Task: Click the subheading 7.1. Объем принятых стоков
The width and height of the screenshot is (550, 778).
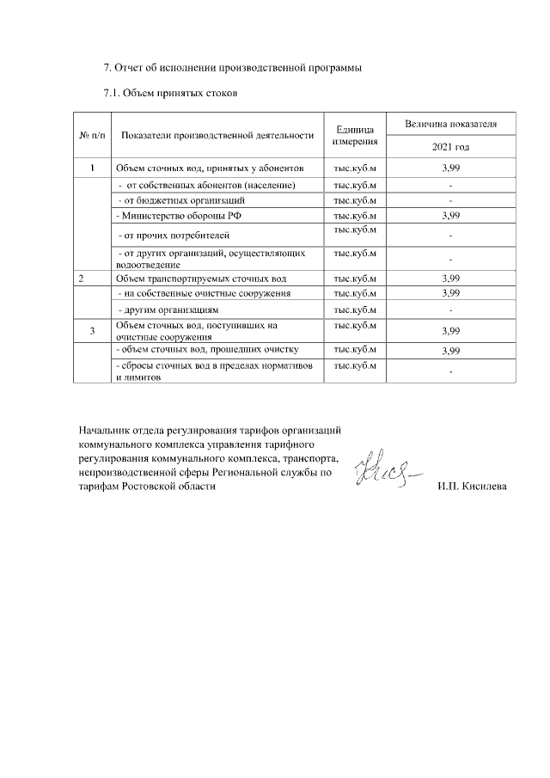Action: (169, 92)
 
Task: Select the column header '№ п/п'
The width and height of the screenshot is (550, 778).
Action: (93, 136)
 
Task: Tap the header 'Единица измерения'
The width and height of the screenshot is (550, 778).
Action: (355, 136)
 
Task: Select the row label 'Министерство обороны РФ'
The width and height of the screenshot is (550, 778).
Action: (173, 215)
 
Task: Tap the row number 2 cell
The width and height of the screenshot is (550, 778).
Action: (82, 279)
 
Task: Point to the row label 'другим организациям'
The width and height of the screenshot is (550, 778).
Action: (168, 309)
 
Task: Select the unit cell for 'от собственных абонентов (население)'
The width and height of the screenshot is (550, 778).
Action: (355, 185)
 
